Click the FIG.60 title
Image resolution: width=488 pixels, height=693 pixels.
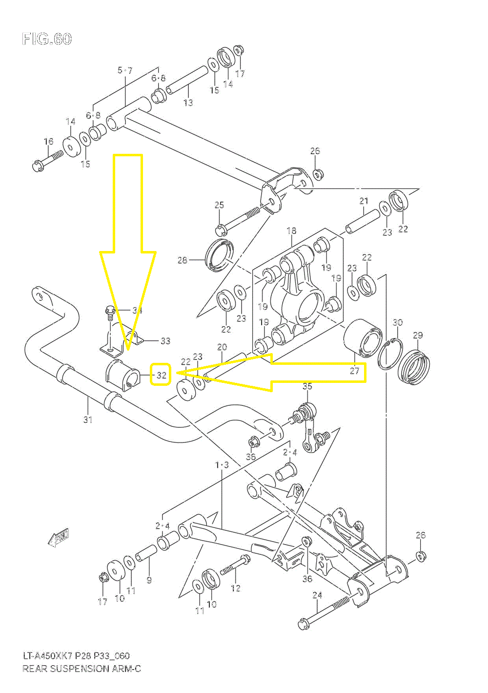(x=47, y=39)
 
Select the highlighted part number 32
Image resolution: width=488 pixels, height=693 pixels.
(x=161, y=375)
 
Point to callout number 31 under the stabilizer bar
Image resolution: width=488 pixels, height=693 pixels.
(x=88, y=419)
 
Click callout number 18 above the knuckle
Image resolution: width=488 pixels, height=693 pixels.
(x=291, y=231)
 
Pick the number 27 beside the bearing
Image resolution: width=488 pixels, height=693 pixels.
(x=354, y=371)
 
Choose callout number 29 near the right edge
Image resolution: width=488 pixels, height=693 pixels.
(x=418, y=336)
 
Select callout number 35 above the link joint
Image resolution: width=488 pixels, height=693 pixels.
(x=307, y=386)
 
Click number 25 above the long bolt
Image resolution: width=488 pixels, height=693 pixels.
(x=219, y=205)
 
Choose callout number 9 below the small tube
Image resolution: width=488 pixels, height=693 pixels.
(x=149, y=580)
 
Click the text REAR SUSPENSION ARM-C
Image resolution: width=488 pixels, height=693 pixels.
(x=82, y=668)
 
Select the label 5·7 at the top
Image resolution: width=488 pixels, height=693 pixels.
(x=125, y=70)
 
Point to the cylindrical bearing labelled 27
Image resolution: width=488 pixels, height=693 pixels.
(x=364, y=337)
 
